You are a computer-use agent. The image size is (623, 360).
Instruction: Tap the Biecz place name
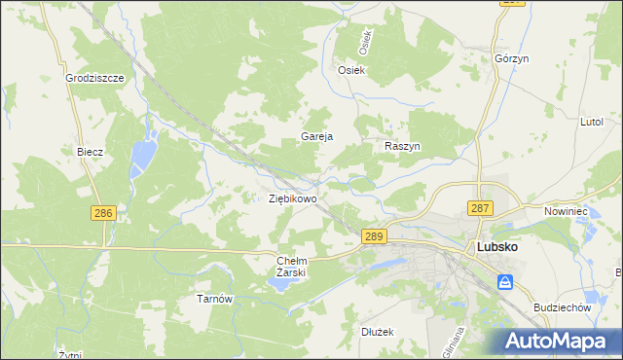click(x=91, y=152)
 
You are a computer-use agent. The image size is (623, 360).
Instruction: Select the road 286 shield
click(x=103, y=213)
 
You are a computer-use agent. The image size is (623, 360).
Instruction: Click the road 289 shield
click(x=374, y=236)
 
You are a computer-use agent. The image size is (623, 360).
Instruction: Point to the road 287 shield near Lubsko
click(x=480, y=208)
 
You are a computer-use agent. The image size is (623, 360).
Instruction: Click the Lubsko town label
click(x=496, y=247)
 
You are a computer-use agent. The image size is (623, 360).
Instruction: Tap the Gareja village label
click(x=317, y=137)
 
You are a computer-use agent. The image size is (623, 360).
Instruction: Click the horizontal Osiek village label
click(x=350, y=70)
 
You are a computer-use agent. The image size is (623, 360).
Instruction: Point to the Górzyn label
click(x=511, y=58)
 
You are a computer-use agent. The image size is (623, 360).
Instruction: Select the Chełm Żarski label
click(x=292, y=267)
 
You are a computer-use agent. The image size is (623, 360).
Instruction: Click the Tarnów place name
click(x=215, y=299)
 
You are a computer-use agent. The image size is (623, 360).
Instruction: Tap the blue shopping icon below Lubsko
click(x=505, y=282)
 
